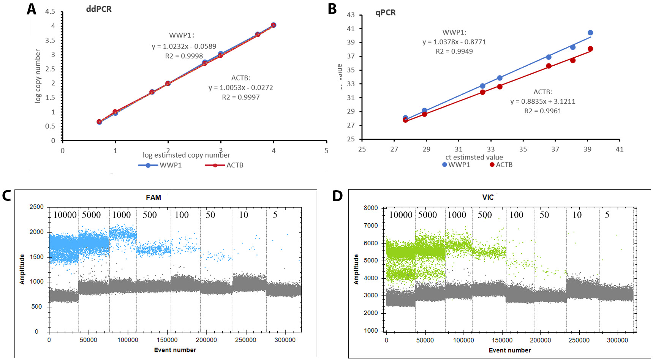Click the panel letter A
tap(32, 9)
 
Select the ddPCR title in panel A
tap(99, 9)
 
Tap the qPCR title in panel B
tap(386, 13)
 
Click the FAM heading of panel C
tap(153, 197)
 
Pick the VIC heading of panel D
tap(488, 197)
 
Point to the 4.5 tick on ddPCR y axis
tap(50, 11)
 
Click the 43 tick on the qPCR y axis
tap(351, 15)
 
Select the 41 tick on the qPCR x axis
tap(620, 149)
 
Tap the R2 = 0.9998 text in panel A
tap(184, 56)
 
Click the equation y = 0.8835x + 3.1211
tap(542, 101)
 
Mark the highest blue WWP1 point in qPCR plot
tap(590, 33)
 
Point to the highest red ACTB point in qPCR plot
tap(590, 49)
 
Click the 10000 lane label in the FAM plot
tap(65, 215)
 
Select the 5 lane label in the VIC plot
tap(607, 215)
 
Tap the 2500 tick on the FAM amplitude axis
tap(36, 207)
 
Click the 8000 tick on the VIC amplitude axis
tap(371, 208)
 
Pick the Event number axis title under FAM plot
tap(175, 350)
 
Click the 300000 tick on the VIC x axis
tap(617, 340)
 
